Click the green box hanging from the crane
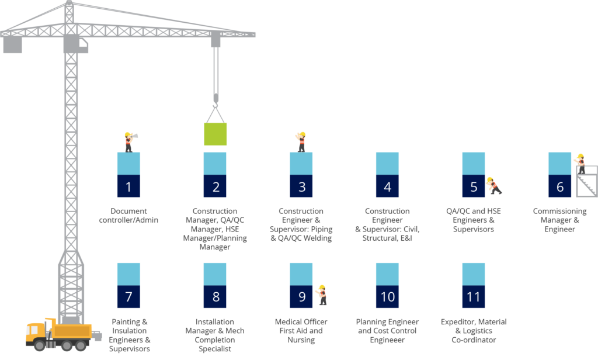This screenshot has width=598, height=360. coord(215,134)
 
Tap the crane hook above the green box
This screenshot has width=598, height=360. coord(216,101)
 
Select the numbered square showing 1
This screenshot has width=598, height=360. coord(128,186)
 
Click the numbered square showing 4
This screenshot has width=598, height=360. coord(387,186)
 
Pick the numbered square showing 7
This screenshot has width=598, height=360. coord(128,297)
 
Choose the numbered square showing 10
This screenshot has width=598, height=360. coord(387,297)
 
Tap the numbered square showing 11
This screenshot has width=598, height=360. coord(473,297)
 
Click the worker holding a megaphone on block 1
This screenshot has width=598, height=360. coord(130,142)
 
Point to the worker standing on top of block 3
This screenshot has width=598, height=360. coord(301,142)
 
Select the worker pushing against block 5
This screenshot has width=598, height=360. coord(494,185)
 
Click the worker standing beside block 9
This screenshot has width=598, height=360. coord(322,295)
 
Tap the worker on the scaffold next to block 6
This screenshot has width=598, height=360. coord(580,164)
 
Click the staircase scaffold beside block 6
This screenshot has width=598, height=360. coord(586,181)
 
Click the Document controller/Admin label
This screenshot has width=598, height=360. coord(128,215)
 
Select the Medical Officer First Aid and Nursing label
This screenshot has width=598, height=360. coord(301,331)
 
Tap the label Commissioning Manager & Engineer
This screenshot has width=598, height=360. coord(559,220)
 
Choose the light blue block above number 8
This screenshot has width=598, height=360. coord(215,274)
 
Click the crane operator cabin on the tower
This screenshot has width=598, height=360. coord(76,43)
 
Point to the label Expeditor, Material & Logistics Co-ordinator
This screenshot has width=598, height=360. coord(474,331)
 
